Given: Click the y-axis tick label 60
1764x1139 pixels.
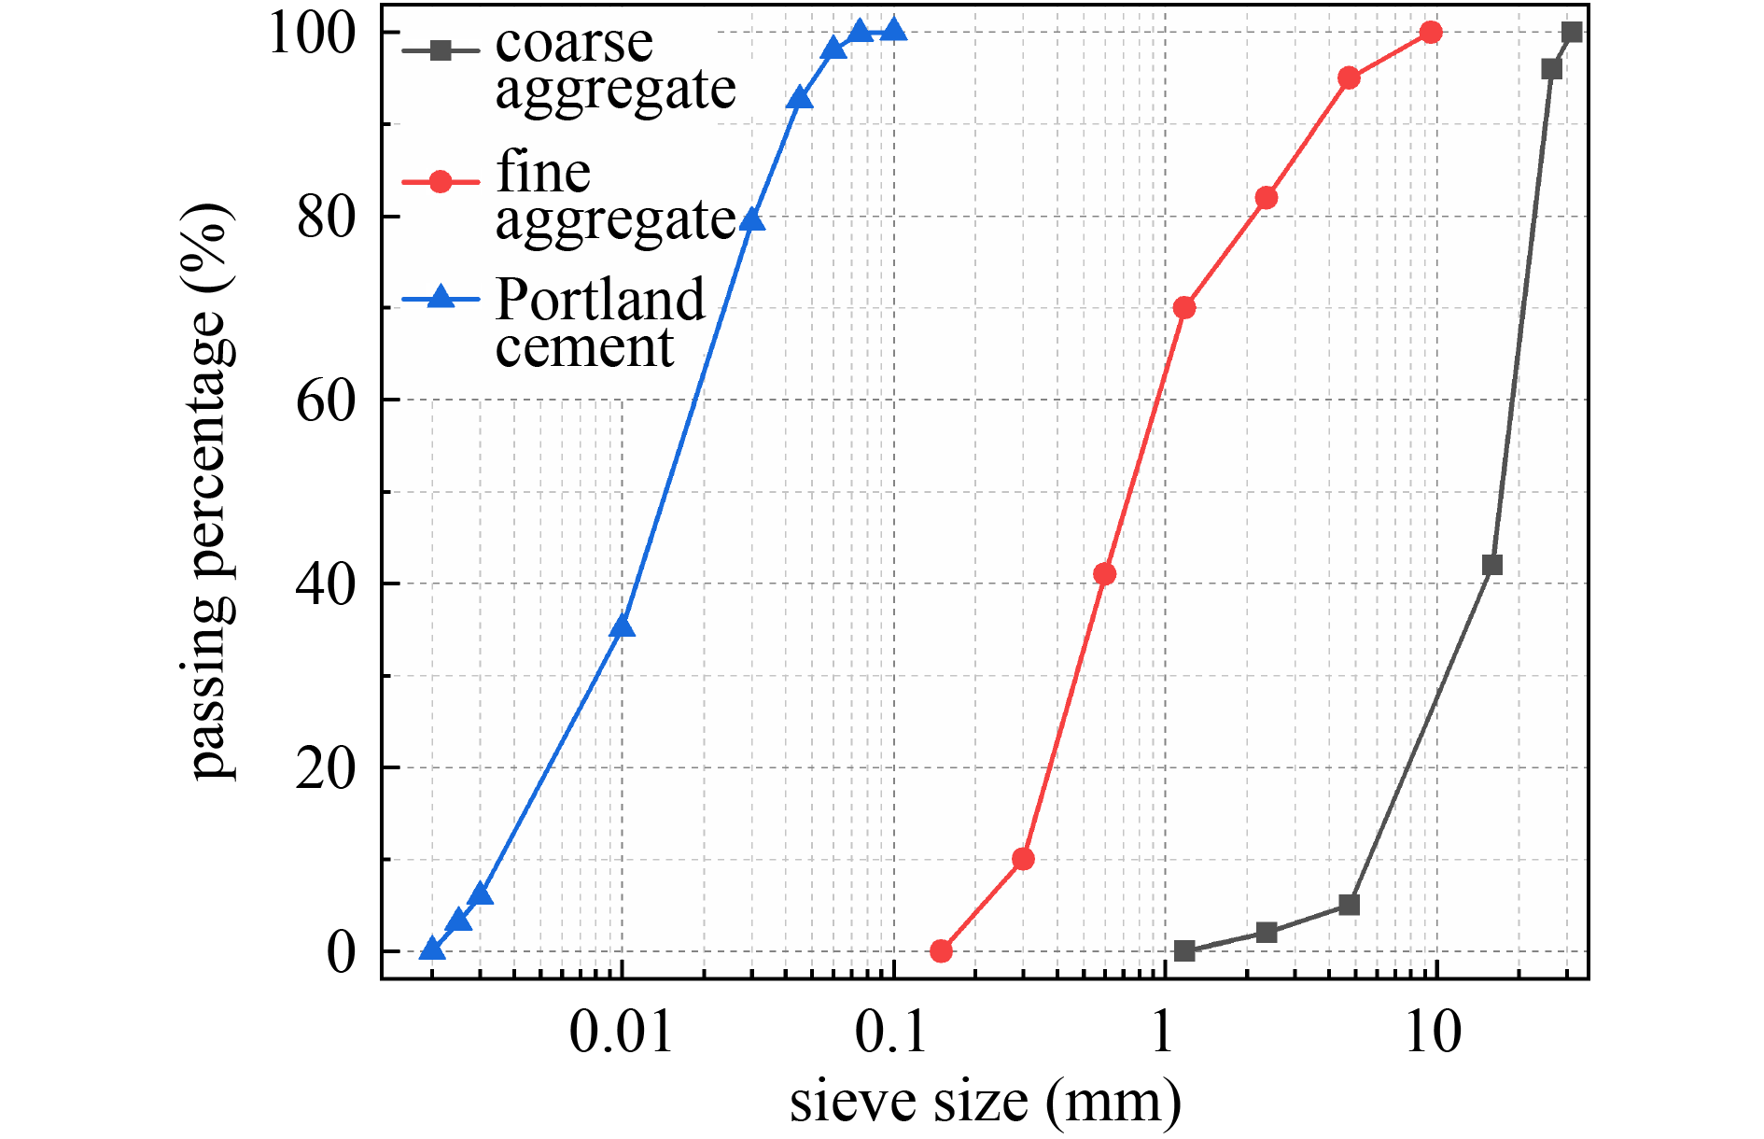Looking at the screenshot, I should click(326, 401).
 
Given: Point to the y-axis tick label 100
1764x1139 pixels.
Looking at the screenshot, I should click(312, 34).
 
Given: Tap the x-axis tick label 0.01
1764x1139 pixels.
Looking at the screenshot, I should click(621, 1033).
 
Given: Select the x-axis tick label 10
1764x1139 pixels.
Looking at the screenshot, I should click(1433, 1033).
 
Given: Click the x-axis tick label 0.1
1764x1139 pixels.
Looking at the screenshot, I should click(892, 1033).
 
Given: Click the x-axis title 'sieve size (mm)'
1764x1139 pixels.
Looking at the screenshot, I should click(985, 1102).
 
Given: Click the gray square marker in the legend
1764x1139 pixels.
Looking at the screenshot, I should click(441, 50).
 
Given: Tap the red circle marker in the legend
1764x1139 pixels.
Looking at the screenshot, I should click(441, 180).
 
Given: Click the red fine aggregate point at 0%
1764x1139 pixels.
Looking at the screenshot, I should click(941, 951).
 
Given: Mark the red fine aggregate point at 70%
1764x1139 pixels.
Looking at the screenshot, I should click(1184, 307).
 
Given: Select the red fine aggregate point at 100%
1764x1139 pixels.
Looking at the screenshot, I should click(1431, 33).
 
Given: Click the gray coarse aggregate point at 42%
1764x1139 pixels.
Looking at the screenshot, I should click(1492, 565).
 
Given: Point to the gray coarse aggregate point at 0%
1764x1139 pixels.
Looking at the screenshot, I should click(1184, 951).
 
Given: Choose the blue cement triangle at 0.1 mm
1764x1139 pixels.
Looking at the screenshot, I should click(893, 31).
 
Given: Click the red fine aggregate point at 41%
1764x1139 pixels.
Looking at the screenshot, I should click(1104, 573).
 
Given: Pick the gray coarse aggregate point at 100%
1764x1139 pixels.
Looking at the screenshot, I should click(1572, 33).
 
